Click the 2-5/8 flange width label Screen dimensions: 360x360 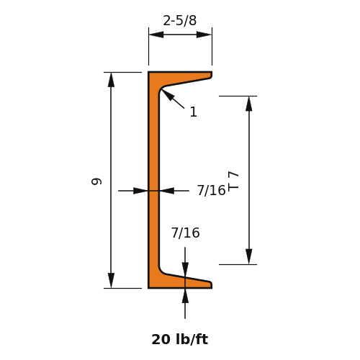click(x=180, y=21)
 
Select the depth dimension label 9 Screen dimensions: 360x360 click(x=96, y=181)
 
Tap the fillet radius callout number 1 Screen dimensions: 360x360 click(x=194, y=112)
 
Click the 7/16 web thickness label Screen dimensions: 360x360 click(x=212, y=191)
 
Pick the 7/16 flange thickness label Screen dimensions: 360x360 click(x=185, y=233)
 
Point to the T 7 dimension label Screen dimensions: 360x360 click(x=233, y=181)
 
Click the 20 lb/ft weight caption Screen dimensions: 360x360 click(x=180, y=340)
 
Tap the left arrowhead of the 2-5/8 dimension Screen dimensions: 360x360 click(x=156, y=35)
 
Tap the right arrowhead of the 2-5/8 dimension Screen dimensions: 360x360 click(x=204, y=35)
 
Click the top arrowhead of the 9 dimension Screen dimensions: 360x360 click(x=111, y=80)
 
